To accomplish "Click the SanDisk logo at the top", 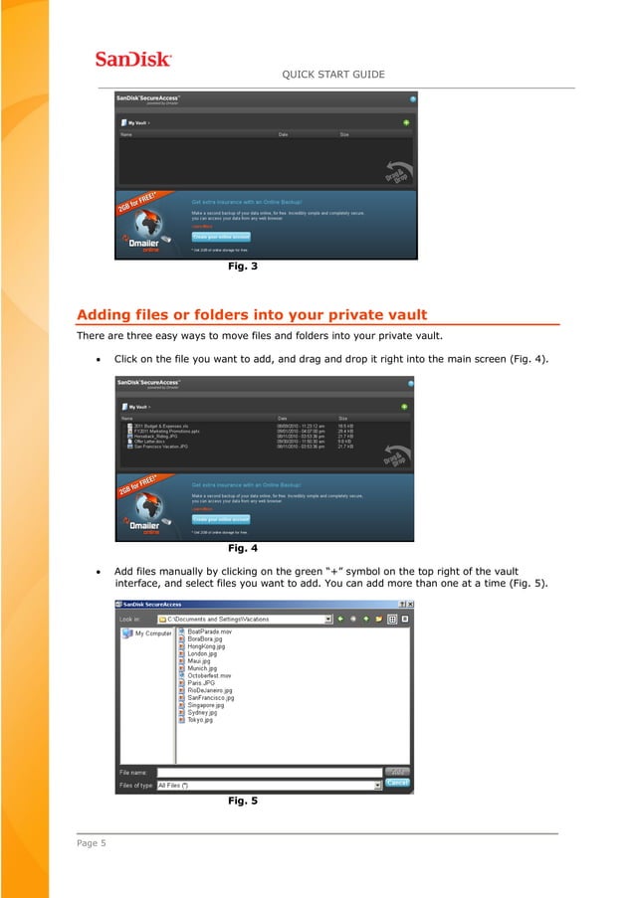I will (133, 59).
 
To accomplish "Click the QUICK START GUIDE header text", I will (333, 75).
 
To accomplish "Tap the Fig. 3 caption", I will (243, 267).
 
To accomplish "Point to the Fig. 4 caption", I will (243, 548).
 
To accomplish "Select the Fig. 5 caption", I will (243, 800).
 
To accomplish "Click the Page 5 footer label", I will (91, 843).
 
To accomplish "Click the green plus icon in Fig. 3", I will (405, 122).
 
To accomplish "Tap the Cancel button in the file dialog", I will (397, 783).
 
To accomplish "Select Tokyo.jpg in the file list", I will (200, 719).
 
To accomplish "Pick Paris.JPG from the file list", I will (202, 683).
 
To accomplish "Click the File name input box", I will (269, 772).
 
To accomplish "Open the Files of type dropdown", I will (377, 785).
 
